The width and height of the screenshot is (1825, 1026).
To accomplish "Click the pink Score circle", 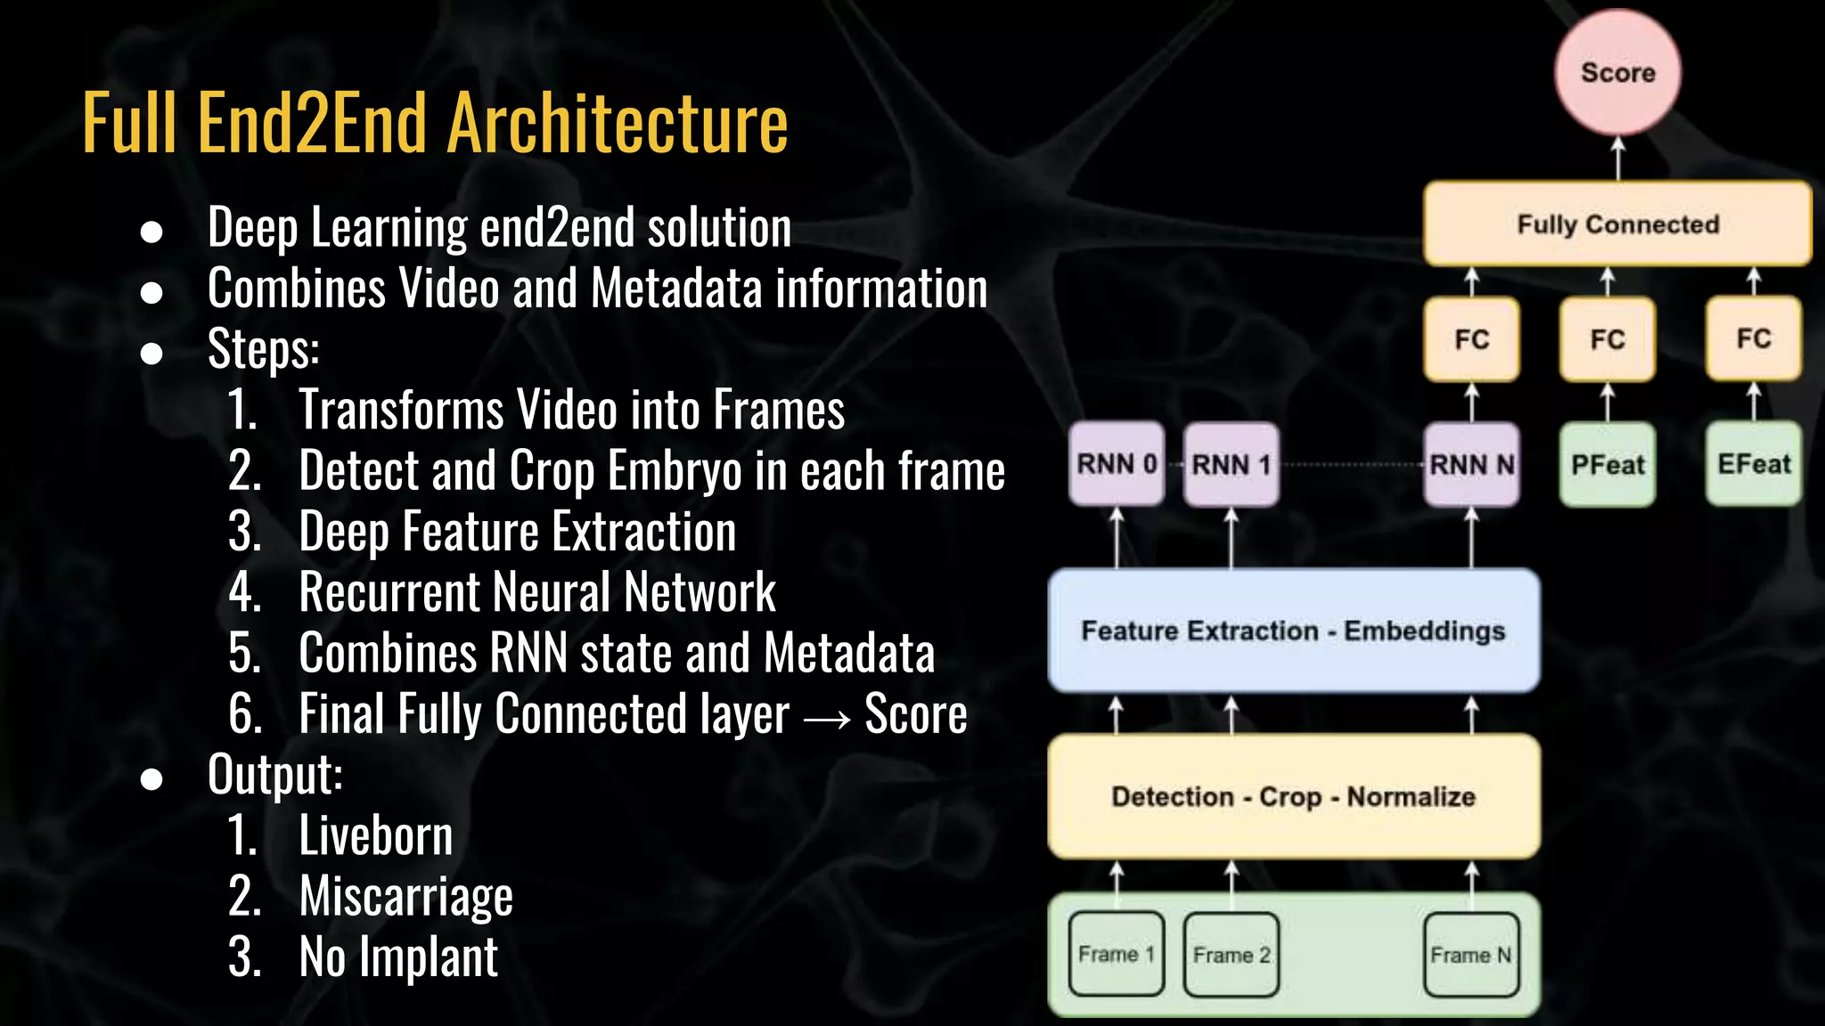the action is [1617, 72].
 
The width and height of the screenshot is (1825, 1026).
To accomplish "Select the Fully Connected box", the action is [1617, 224].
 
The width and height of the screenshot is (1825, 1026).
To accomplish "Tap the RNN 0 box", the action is [1117, 464].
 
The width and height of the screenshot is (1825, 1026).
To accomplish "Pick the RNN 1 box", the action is [1231, 464].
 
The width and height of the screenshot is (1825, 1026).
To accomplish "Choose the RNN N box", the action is [1471, 464].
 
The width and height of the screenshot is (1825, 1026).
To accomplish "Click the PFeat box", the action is [1608, 464].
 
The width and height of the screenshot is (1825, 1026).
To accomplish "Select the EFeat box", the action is [1754, 464].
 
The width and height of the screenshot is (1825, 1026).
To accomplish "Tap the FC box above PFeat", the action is [1608, 339].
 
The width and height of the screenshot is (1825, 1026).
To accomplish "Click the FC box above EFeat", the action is [1754, 339].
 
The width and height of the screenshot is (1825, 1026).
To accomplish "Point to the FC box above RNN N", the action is [1471, 339].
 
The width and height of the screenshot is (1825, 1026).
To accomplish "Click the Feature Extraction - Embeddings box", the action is [1294, 631].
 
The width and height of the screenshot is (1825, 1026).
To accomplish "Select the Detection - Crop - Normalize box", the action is [1294, 796].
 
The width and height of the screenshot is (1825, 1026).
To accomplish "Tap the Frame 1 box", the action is [1117, 955].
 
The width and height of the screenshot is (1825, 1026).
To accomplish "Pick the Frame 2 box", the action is [1231, 955].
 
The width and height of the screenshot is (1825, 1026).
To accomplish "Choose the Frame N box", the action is [1471, 955].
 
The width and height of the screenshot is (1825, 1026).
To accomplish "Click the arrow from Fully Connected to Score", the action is [1618, 159].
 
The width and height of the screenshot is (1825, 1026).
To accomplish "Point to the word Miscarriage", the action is [405, 896].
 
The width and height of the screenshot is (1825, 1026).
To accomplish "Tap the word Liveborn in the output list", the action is [375, 835].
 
